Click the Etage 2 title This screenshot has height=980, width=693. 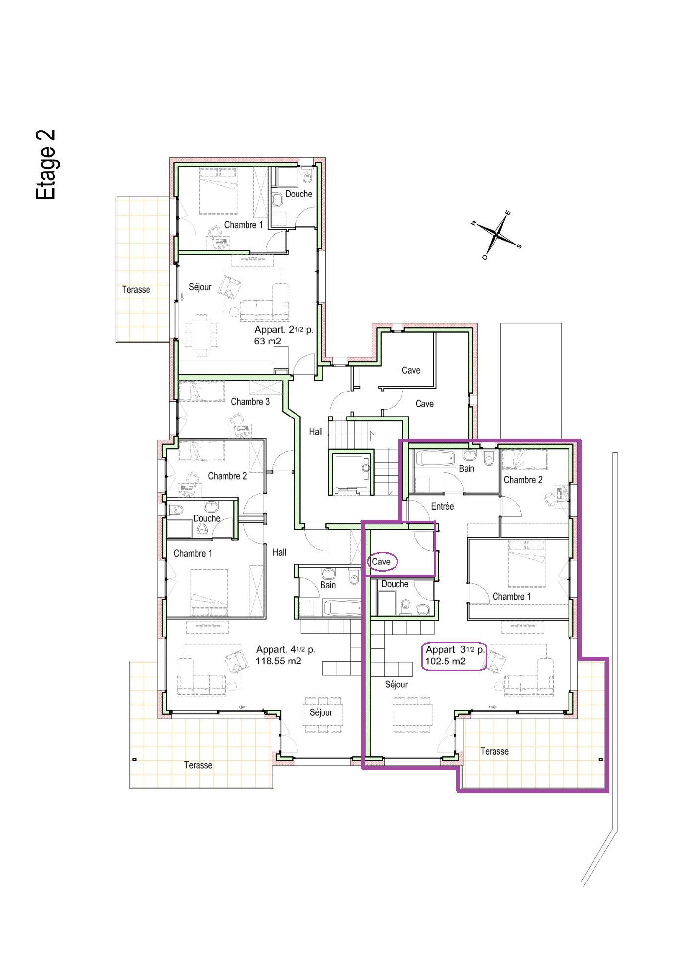point(46,165)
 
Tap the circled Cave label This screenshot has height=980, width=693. point(382,562)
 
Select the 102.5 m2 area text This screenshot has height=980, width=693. point(445,661)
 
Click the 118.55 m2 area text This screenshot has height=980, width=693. point(278,661)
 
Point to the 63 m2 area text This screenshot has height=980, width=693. point(268,342)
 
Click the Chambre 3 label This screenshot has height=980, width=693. point(250,402)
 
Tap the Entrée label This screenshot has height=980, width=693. point(442,506)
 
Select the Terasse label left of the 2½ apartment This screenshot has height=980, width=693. point(136,290)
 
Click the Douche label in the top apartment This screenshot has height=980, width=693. point(298,194)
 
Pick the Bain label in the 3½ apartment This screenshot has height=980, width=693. point(466,469)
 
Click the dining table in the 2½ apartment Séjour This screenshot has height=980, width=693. point(201,335)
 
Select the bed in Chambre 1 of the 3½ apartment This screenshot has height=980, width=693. point(527,563)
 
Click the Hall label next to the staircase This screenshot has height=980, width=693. point(315,432)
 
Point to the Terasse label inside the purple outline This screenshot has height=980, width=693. point(494,751)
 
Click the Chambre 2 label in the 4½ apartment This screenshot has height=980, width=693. point(227,476)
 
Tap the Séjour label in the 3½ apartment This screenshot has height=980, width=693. point(396,685)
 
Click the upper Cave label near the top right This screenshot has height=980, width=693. point(411,371)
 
